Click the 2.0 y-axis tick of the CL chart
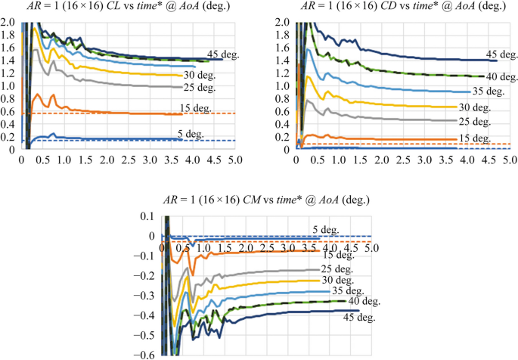tap(8, 22)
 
